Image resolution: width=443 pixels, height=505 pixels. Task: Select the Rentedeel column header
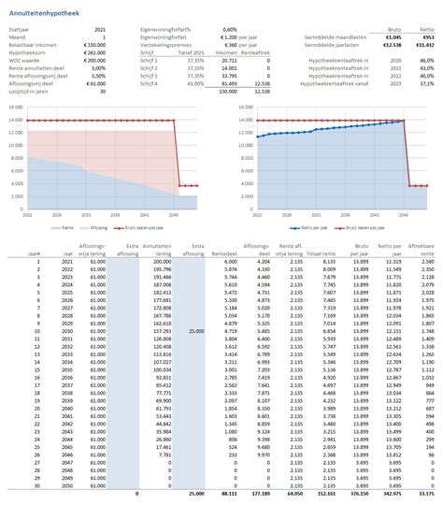[x=223, y=253]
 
